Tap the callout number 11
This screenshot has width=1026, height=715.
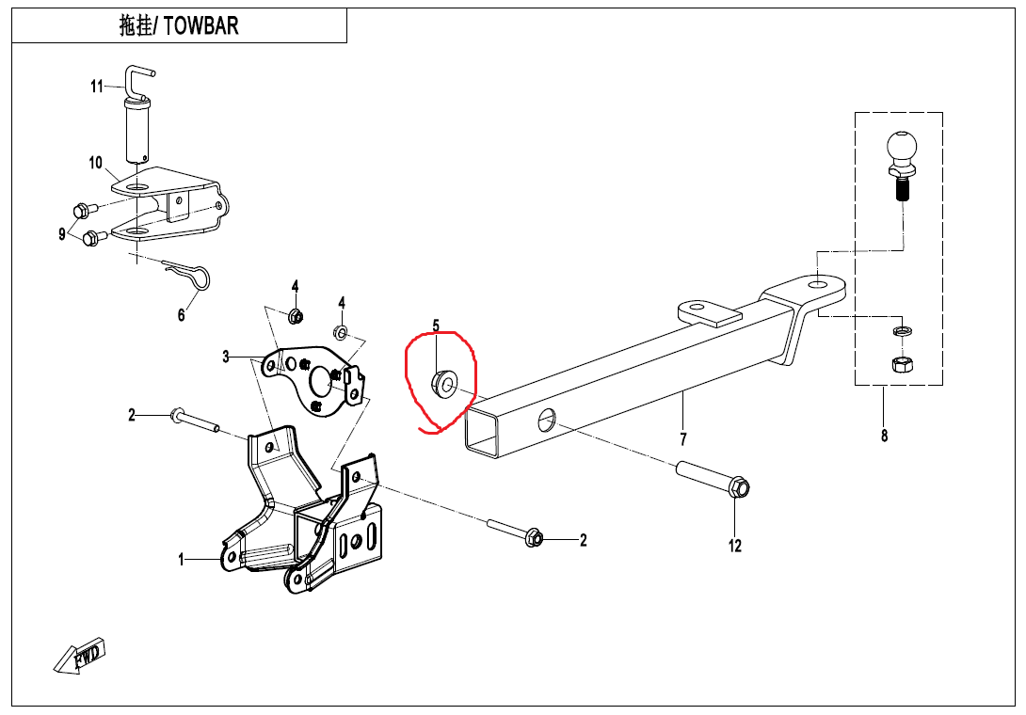point(97,87)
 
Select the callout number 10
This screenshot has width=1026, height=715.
point(96,163)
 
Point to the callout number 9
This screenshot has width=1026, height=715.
point(63,232)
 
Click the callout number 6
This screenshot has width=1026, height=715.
point(182,315)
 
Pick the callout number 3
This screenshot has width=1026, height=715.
point(226,357)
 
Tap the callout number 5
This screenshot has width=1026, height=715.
point(436,326)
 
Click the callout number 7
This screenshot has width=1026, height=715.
point(683,438)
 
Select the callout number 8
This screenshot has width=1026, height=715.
point(884,436)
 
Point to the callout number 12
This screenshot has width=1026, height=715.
point(735,545)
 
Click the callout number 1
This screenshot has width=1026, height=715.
point(182,560)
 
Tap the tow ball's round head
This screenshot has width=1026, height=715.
point(901,147)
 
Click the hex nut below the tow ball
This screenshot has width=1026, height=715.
point(900,363)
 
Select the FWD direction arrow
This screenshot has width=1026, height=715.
point(80,655)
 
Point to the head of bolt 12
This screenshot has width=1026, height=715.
point(738,487)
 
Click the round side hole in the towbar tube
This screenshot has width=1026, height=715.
point(547,420)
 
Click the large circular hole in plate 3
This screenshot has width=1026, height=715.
point(322,379)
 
